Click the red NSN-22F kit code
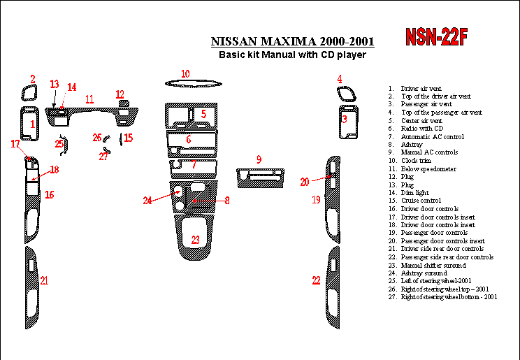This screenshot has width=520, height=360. (436, 36)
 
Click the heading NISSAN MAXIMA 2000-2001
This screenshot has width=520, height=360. (292, 41)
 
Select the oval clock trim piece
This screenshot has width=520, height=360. (194, 84)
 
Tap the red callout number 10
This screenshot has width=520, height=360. (185, 73)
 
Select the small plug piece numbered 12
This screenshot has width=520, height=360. (124, 103)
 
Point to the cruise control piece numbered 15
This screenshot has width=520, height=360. (121, 139)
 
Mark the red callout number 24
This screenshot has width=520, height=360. (147, 201)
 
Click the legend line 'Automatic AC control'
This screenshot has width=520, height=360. (433, 137)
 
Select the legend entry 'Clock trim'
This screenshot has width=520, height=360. (416, 161)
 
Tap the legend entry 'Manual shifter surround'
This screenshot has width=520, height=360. (433, 265)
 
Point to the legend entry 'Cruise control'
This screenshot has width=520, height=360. (421, 201)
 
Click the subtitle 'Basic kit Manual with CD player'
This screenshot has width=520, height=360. (292, 55)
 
